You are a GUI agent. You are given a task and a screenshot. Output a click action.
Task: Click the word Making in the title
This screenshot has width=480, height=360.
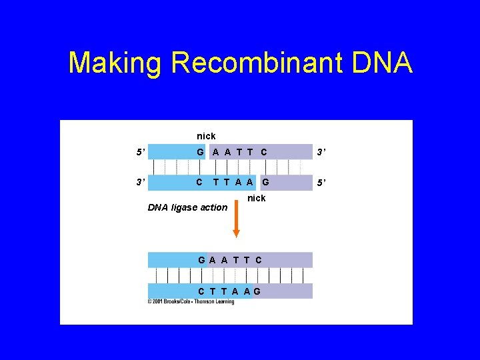[115, 63]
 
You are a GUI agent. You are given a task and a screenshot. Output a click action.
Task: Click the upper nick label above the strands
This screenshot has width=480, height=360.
[206, 136]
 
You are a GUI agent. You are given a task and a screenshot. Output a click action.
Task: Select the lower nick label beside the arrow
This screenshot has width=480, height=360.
[257, 198]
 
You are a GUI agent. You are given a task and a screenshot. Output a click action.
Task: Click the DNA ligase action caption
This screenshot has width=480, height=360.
[187, 207]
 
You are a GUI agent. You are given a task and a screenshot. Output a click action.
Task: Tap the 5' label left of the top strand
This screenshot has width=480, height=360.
[140, 152]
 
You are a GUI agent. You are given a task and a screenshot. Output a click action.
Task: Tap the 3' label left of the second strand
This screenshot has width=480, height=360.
[140, 181]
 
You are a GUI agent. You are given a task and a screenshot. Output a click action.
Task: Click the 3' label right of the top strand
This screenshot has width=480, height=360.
[321, 152]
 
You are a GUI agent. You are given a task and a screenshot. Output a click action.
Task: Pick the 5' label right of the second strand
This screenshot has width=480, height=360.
[321, 181]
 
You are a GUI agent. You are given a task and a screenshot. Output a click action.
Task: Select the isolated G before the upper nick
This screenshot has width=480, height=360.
[200, 152]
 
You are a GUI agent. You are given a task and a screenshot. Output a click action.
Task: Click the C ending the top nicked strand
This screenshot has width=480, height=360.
[264, 152]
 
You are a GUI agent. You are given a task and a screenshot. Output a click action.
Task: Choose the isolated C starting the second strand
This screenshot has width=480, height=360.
[199, 181]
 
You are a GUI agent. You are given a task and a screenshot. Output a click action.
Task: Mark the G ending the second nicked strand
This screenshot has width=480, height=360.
[265, 181]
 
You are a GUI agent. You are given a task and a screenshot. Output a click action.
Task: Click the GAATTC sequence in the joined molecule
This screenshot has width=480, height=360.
[229, 259]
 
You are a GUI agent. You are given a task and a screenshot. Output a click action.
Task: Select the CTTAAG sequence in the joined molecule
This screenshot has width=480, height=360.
[229, 291]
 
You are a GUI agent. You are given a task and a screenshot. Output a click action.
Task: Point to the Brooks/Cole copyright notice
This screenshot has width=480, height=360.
[191, 302]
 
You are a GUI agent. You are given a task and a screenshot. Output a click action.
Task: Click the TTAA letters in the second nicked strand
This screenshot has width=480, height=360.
[233, 181]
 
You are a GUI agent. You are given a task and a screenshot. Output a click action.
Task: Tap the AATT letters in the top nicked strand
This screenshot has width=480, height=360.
[233, 152]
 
